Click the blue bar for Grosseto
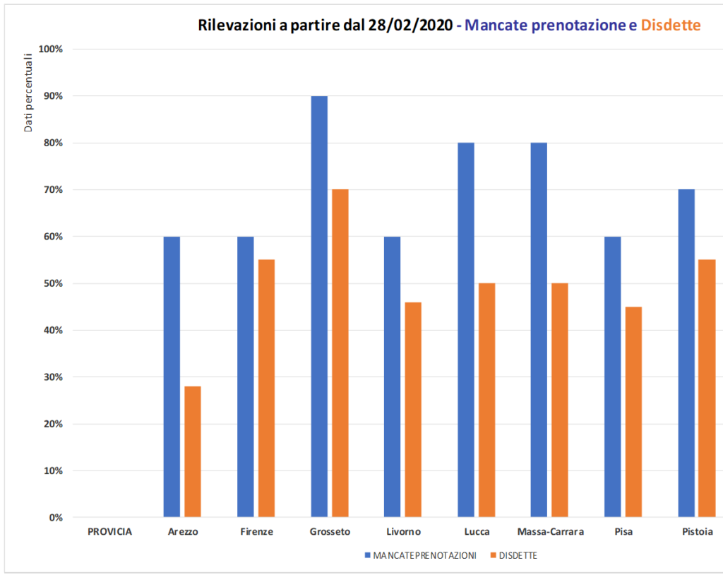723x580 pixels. [x=319, y=307]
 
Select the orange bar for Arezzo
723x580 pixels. [x=193, y=451]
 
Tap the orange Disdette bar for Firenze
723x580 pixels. [x=266, y=389]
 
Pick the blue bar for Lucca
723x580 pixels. [x=466, y=330]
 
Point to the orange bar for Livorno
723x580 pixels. [x=413, y=410]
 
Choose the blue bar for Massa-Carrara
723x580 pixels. [x=539, y=330]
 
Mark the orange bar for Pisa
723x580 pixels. [x=633, y=412]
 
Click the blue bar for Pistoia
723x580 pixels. [x=686, y=353]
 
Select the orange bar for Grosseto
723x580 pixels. [x=340, y=353]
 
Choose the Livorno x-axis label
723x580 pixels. [x=404, y=532]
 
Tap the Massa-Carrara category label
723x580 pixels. [x=551, y=532]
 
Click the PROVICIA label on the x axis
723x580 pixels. [x=109, y=532]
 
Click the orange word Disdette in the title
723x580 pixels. [x=670, y=25]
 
